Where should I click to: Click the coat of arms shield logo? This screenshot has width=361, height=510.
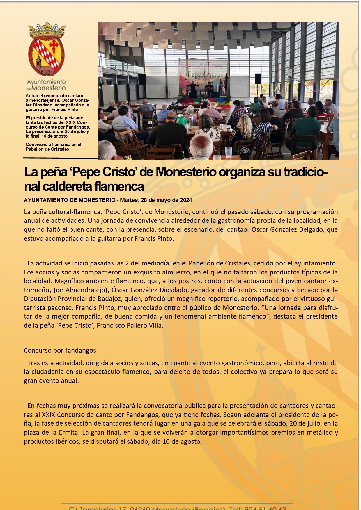[46, 55]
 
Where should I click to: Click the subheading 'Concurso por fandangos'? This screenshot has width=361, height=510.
[60, 350]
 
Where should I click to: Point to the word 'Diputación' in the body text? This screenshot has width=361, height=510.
[40, 299]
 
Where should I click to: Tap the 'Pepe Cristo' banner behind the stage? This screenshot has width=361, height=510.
[203, 74]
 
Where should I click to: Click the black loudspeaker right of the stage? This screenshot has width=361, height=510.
[258, 79]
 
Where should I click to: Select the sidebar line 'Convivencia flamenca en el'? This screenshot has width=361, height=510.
[54, 145]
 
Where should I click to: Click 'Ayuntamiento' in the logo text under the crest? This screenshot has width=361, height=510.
[46, 82]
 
